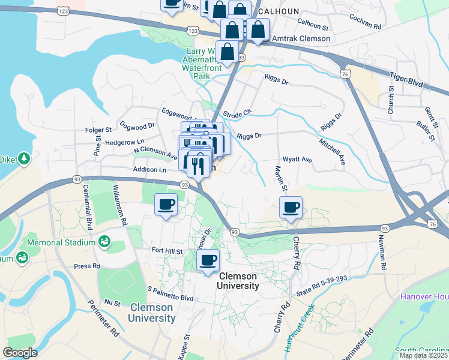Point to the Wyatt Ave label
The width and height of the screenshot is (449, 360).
tap(298, 160)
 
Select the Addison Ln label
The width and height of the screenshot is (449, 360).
tap(149, 170)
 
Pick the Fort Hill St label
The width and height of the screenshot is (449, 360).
tap(167, 250)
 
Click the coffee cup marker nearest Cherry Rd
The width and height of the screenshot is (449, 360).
tap(291, 208)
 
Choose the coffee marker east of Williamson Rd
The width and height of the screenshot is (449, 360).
tap(166, 205)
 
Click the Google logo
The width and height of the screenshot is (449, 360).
tap(20, 353)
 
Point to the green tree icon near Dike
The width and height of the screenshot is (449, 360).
tap(23, 159)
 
